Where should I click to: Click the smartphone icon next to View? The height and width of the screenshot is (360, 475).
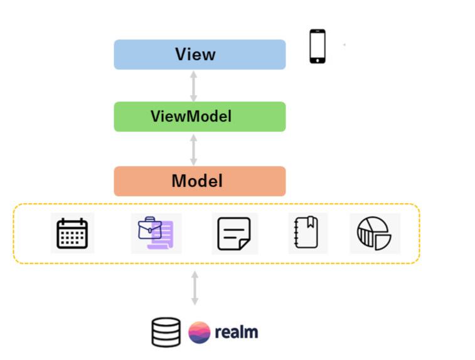tap(318, 46)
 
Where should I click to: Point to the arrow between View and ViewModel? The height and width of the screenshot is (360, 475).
tap(194, 86)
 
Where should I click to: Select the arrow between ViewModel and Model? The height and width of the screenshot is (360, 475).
tap(194, 149)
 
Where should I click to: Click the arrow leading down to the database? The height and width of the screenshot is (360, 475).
tap(195, 288)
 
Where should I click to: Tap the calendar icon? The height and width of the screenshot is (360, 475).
tap(72, 233)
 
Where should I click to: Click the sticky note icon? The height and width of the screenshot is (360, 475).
tap(234, 233)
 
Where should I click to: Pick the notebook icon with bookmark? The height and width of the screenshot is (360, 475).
tap(307, 233)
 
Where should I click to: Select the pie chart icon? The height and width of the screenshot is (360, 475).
tap(374, 233)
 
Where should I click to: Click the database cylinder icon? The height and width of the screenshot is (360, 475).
tap(166, 332)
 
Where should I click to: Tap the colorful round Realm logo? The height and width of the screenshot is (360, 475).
tap(200, 332)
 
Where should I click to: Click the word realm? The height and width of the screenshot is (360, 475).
tap(236, 332)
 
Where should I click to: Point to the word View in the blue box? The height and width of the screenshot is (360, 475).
tap(195, 55)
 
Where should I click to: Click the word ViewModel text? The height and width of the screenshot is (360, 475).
tap(191, 117)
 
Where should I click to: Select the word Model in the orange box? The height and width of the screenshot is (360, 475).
tap(197, 181)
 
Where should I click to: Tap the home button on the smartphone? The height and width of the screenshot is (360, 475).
tap(318, 60)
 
